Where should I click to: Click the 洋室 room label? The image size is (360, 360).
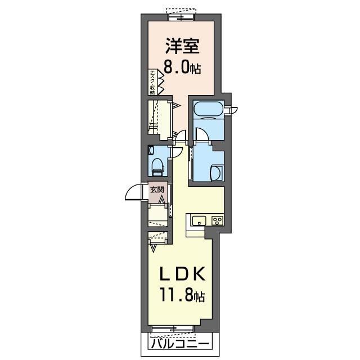coord(182,46)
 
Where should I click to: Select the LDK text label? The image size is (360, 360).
coord(182,274)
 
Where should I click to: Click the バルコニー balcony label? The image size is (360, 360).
coord(180,344)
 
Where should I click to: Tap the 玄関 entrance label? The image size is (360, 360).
coord(157,190)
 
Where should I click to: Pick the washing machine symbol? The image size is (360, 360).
coord(217,173)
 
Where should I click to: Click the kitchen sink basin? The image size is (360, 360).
coord(199,221)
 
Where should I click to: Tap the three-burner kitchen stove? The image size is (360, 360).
coord(218,221)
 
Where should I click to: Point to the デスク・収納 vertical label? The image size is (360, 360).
coord(152,82)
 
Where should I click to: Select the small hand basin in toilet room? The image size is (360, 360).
coord(151,150)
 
